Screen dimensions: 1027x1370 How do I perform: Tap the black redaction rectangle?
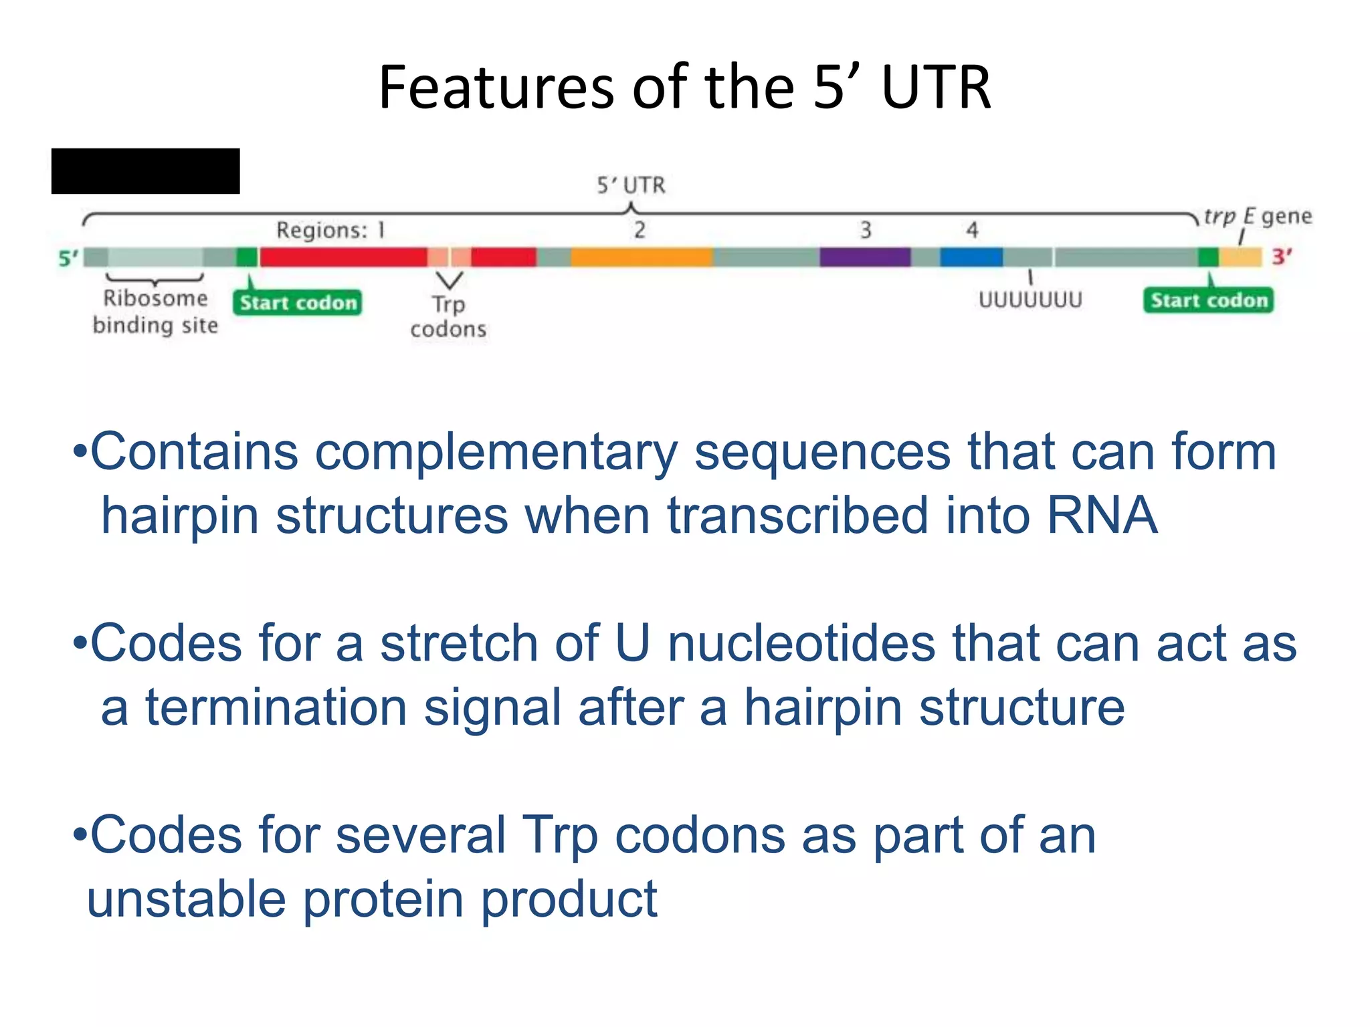(x=145, y=171)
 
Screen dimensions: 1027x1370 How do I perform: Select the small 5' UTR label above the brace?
(x=631, y=185)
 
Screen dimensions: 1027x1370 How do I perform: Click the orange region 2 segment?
(x=642, y=257)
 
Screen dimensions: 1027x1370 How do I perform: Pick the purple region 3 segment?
(x=864, y=257)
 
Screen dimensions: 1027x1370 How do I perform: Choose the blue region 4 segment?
(x=971, y=257)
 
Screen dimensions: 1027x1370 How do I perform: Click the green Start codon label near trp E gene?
(x=1208, y=300)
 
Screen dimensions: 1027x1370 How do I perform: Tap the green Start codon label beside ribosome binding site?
(x=298, y=303)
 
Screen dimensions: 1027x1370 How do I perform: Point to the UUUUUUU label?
(x=1030, y=300)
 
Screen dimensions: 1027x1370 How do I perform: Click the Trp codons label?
(x=448, y=316)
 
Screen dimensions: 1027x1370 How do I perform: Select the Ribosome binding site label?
(x=155, y=312)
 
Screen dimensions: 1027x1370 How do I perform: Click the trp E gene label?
(x=1257, y=217)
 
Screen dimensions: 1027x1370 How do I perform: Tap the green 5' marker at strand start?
(x=68, y=258)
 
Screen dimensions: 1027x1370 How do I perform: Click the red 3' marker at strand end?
(x=1281, y=257)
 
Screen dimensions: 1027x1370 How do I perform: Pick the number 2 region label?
(x=640, y=230)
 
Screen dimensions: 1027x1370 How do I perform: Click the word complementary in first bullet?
(x=496, y=453)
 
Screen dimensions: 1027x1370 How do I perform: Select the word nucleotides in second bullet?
(x=801, y=643)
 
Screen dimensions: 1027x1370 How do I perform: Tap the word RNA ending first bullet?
(x=1101, y=516)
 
